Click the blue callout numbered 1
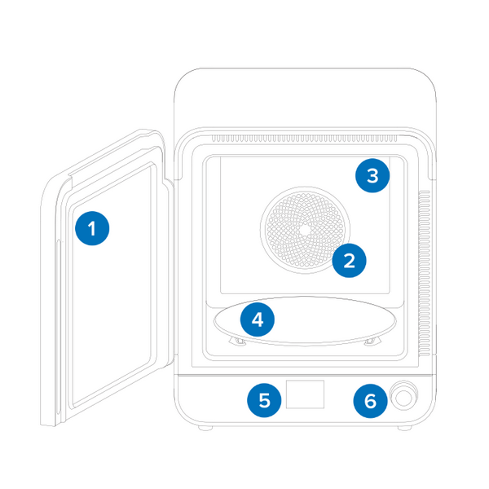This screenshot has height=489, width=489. click(92, 228)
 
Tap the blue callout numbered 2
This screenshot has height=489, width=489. click(349, 261)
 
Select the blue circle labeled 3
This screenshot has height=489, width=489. click(372, 176)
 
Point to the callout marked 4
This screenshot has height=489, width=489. click(258, 319)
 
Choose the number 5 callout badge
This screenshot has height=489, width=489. click(264, 399)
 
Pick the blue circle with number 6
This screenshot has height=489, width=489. click(371, 400)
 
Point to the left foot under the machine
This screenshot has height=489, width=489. click(204, 429)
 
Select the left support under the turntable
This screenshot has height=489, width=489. click(238, 341)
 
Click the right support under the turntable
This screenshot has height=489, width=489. click(372, 341)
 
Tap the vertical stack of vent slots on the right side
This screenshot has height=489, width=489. click(423, 273)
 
